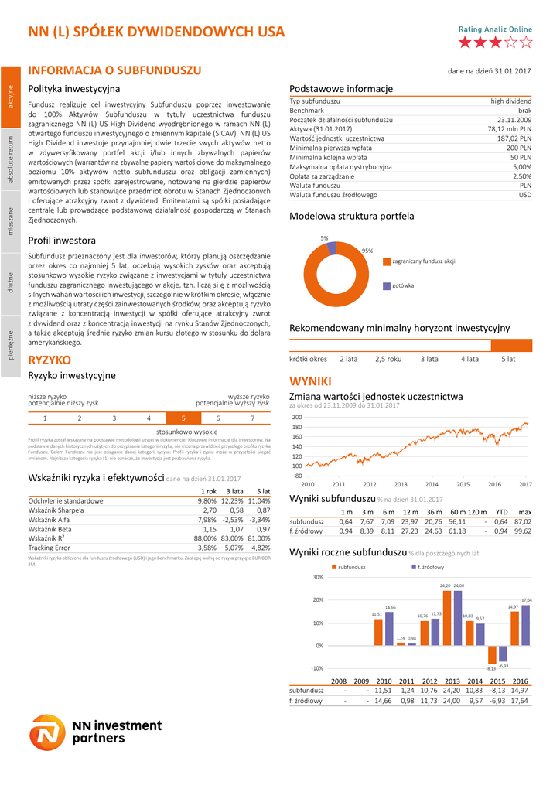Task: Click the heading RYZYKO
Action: tap(50, 360)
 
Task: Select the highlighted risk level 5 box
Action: tap(183, 418)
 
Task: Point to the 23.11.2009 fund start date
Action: tap(514, 120)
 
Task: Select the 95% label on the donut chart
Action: tap(367, 251)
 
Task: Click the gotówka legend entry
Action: tap(402, 285)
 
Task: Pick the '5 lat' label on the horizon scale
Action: tap(507, 359)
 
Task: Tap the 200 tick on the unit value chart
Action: tap(297, 417)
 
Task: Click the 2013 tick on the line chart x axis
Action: tap(401, 484)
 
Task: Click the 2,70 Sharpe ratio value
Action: tap(209, 510)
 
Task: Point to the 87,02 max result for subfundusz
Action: tap(523, 521)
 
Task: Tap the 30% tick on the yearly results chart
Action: tap(318, 577)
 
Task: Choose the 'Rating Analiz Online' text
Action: tap(495, 29)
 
